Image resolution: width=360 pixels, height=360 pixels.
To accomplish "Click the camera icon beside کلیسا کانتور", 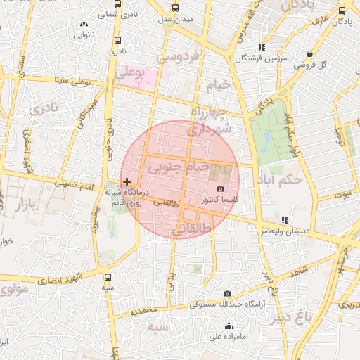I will point(220,188).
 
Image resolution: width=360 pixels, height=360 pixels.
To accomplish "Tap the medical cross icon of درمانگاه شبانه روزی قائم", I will point(127,181).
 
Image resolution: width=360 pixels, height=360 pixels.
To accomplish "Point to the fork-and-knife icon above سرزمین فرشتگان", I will point(262,47).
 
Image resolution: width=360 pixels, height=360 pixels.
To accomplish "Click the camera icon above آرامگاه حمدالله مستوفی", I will point(226,294).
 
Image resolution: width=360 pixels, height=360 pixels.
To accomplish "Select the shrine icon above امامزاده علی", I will point(229,326).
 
